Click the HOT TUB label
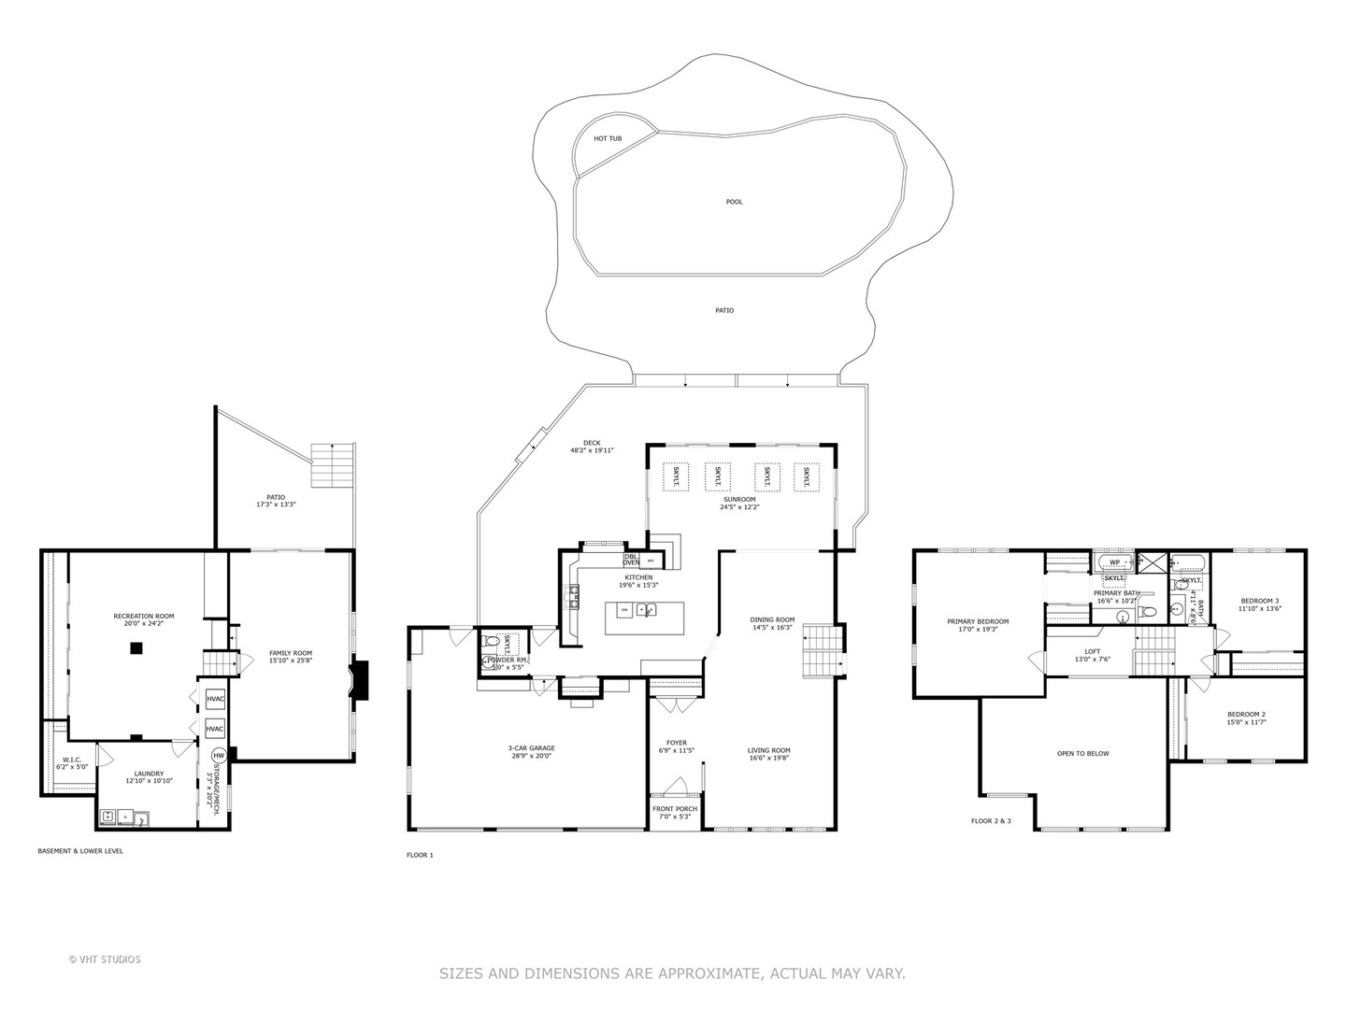[x=608, y=138]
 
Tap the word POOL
[x=735, y=202]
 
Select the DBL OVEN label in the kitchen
[x=632, y=560]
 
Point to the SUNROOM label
[x=738, y=500]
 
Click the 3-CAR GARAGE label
[x=531, y=748]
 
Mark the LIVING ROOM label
[x=768, y=750]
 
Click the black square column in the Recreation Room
[x=136, y=647]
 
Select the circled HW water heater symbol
[x=219, y=755]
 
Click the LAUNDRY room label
[x=149, y=774]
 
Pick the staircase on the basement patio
[x=333, y=464]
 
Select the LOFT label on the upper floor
[x=1092, y=652]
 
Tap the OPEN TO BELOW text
[x=1082, y=753]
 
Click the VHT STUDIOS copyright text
[x=105, y=959]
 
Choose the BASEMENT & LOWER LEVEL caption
[x=80, y=851]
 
